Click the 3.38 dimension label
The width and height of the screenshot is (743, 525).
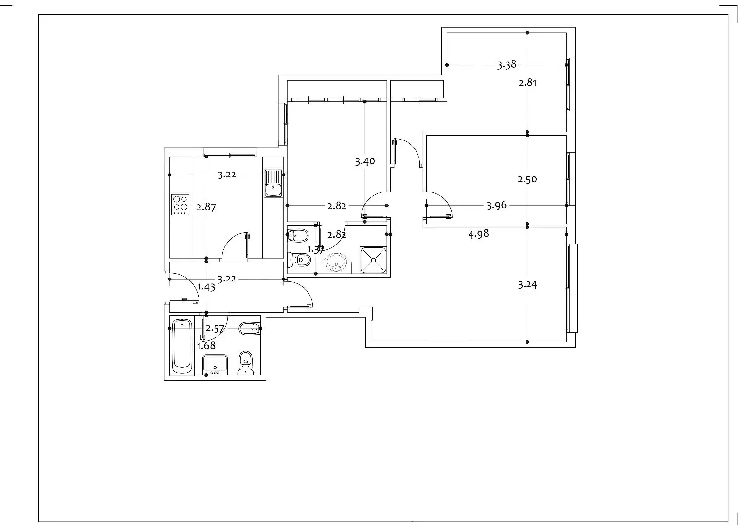pyautogui.click(x=507, y=65)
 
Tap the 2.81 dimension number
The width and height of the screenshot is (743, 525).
pyautogui.click(x=527, y=83)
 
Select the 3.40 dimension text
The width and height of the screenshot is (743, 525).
pyautogui.click(x=365, y=162)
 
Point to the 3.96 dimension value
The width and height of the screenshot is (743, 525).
pyautogui.click(x=496, y=206)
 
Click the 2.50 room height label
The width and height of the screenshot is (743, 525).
pyautogui.click(x=527, y=180)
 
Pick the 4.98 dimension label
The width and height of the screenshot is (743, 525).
pyautogui.click(x=478, y=234)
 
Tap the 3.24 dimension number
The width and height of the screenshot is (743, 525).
pyautogui.click(x=527, y=285)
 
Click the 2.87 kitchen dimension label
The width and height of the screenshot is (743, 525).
pyautogui.click(x=206, y=208)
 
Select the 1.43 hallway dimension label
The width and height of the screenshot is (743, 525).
pyautogui.click(x=206, y=287)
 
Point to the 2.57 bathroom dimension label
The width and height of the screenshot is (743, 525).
pyautogui.click(x=215, y=329)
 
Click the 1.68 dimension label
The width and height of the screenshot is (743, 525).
pyautogui.click(x=206, y=346)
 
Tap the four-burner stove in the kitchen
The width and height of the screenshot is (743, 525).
pyautogui.click(x=180, y=205)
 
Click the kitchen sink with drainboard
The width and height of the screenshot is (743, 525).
pyautogui.click(x=273, y=183)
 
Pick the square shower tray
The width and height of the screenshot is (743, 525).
pyautogui.click(x=374, y=260)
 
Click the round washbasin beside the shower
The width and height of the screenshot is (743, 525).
pyautogui.click(x=336, y=262)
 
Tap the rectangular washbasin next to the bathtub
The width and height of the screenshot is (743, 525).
pyautogui.click(x=215, y=365)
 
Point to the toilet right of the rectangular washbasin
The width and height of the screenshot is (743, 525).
pyautogui.click(x=246, y=363)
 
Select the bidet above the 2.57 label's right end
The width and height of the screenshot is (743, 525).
pyautogui.click(x=250, y=329)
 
